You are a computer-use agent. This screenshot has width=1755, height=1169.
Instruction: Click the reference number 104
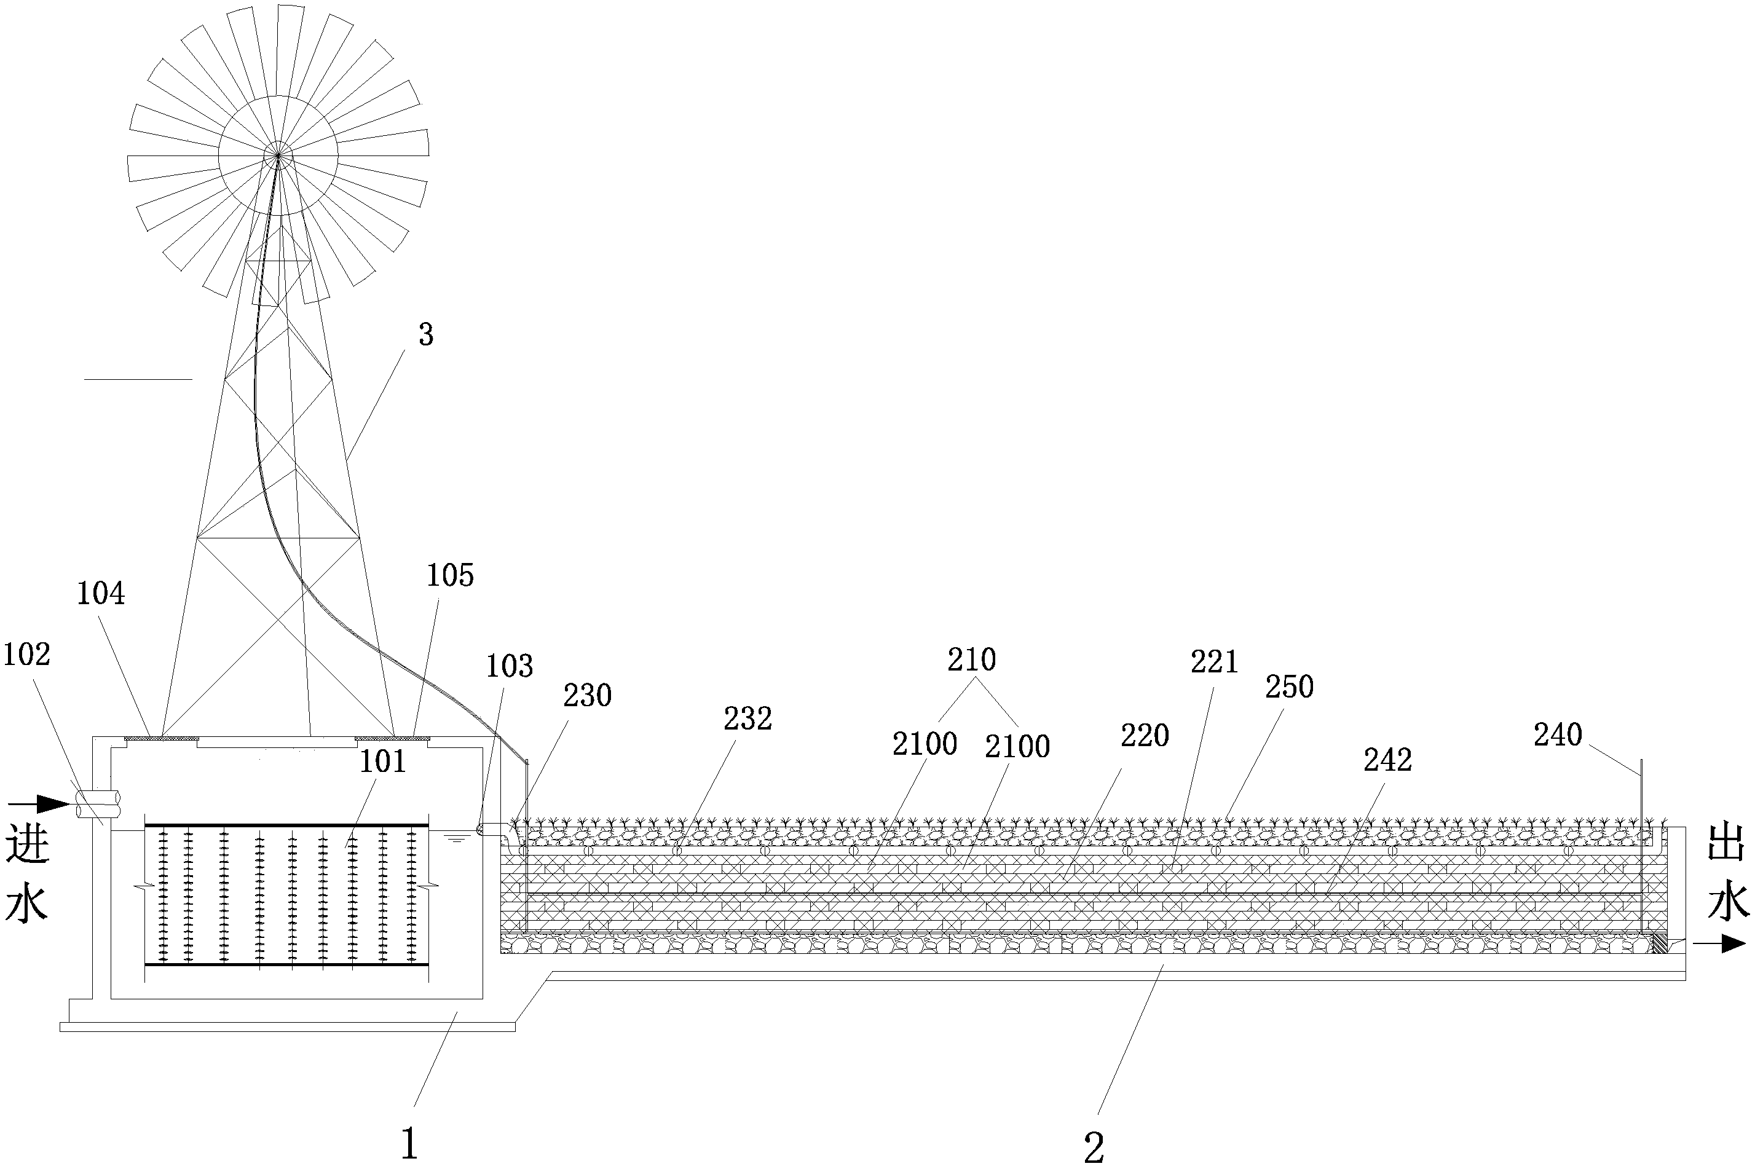pos(101,594)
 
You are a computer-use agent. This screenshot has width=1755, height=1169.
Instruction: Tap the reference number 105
pos(451,575)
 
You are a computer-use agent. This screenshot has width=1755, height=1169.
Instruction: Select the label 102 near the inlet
pos(27,655)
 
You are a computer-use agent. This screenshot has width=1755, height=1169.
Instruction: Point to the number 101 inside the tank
pos(382,761)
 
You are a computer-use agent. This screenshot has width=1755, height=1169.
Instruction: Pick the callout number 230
pos(588,696)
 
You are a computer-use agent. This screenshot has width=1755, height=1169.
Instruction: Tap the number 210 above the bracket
pos(971,660)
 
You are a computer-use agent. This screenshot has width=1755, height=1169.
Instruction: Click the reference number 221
pos(1213,662)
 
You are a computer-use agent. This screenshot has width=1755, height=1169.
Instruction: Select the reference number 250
pos(1289,687)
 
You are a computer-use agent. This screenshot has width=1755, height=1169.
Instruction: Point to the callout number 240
pos(1558,735)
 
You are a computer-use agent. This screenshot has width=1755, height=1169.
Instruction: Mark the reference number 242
pos(1387,760)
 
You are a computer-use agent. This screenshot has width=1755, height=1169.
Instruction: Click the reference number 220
pos(1145,736)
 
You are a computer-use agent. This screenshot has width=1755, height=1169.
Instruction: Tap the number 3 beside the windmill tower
pos(426,336)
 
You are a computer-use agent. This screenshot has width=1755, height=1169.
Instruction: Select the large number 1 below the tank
pos(409,1144)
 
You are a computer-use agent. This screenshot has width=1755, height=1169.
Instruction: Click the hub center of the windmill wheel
pos(278,155)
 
